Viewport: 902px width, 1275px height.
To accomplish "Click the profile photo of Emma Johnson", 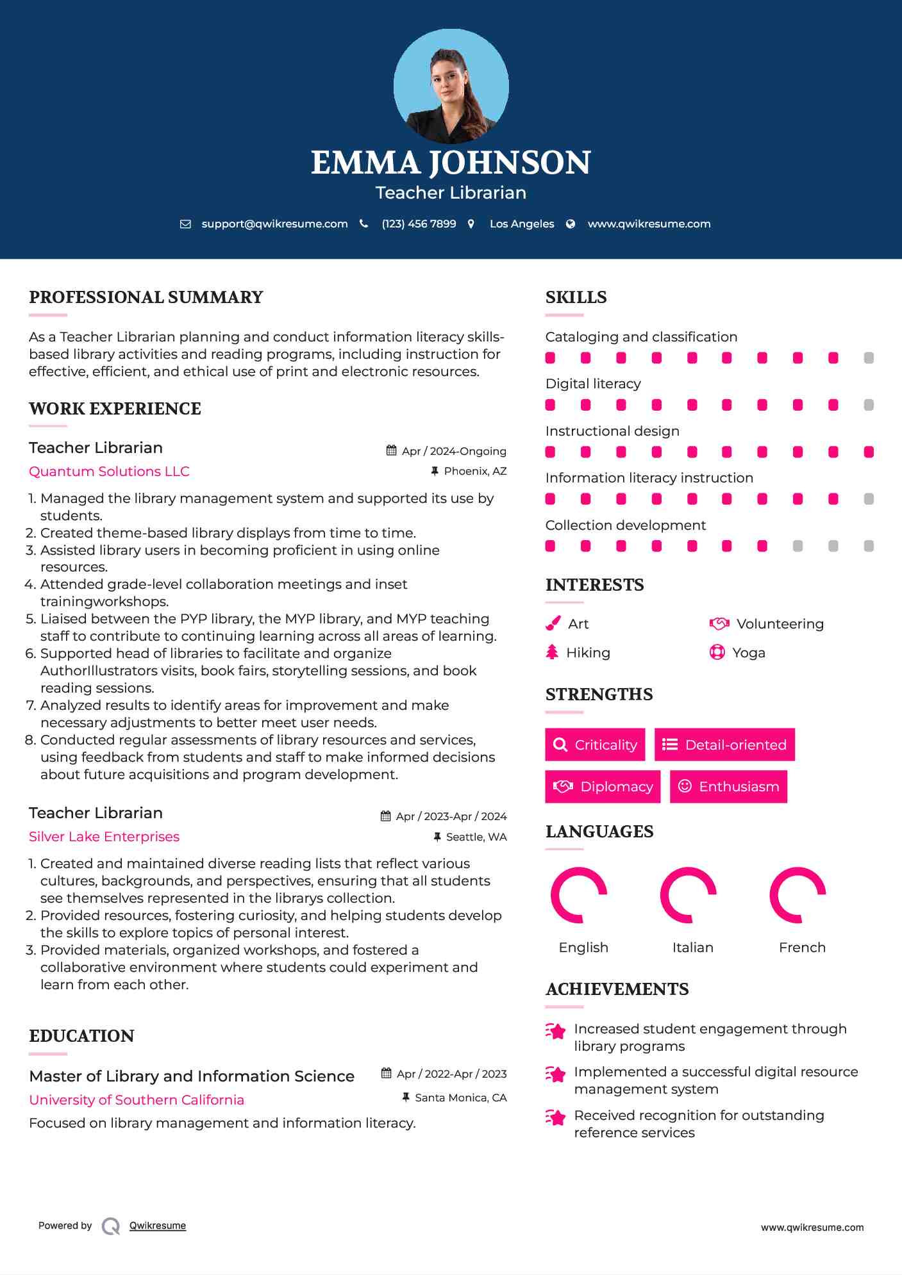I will (451, 86).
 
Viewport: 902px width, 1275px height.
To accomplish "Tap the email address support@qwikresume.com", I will (274, 224).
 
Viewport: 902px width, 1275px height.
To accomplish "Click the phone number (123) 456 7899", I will (419, 224).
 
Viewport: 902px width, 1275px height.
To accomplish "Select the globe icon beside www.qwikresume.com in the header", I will (571, 224).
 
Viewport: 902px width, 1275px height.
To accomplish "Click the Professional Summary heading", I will (146, 297).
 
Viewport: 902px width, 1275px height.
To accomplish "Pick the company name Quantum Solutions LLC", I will (109, 472).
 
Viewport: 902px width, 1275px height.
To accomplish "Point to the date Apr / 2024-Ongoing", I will (454, 451).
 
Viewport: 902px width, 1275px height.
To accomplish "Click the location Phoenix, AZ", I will (475, 471).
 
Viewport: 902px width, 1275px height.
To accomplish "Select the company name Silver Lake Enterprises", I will (104, 837).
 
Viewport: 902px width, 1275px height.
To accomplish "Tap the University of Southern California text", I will (137, 1100).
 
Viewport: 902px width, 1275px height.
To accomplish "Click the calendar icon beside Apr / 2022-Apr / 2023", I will (387, 1073).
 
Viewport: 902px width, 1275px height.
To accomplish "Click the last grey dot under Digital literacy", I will (869, 405).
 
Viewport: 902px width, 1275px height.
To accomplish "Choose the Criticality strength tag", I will (595, 744).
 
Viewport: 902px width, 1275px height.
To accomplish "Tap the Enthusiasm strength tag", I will (728, 786).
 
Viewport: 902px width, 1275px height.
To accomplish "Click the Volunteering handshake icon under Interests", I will (719, 623).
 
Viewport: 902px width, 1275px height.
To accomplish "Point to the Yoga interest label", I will (749, 653).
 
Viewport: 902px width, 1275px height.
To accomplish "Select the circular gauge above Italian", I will (688, 895).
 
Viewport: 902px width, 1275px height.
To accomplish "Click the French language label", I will (802, 948).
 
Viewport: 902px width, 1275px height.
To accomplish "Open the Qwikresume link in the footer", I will (158, 1226).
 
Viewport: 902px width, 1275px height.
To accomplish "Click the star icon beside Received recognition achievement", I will (556, 1117).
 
